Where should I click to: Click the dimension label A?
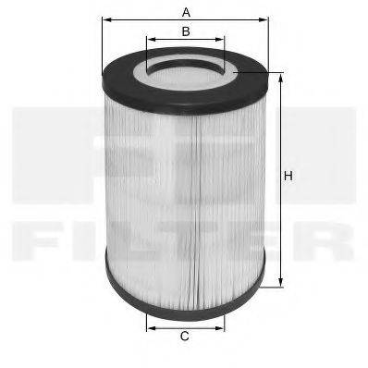(186, 12)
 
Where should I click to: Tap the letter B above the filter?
(185, 31)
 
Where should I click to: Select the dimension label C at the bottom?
(185, 337)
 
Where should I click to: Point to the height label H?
(288, 177)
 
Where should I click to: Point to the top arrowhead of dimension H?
(278, 75)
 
